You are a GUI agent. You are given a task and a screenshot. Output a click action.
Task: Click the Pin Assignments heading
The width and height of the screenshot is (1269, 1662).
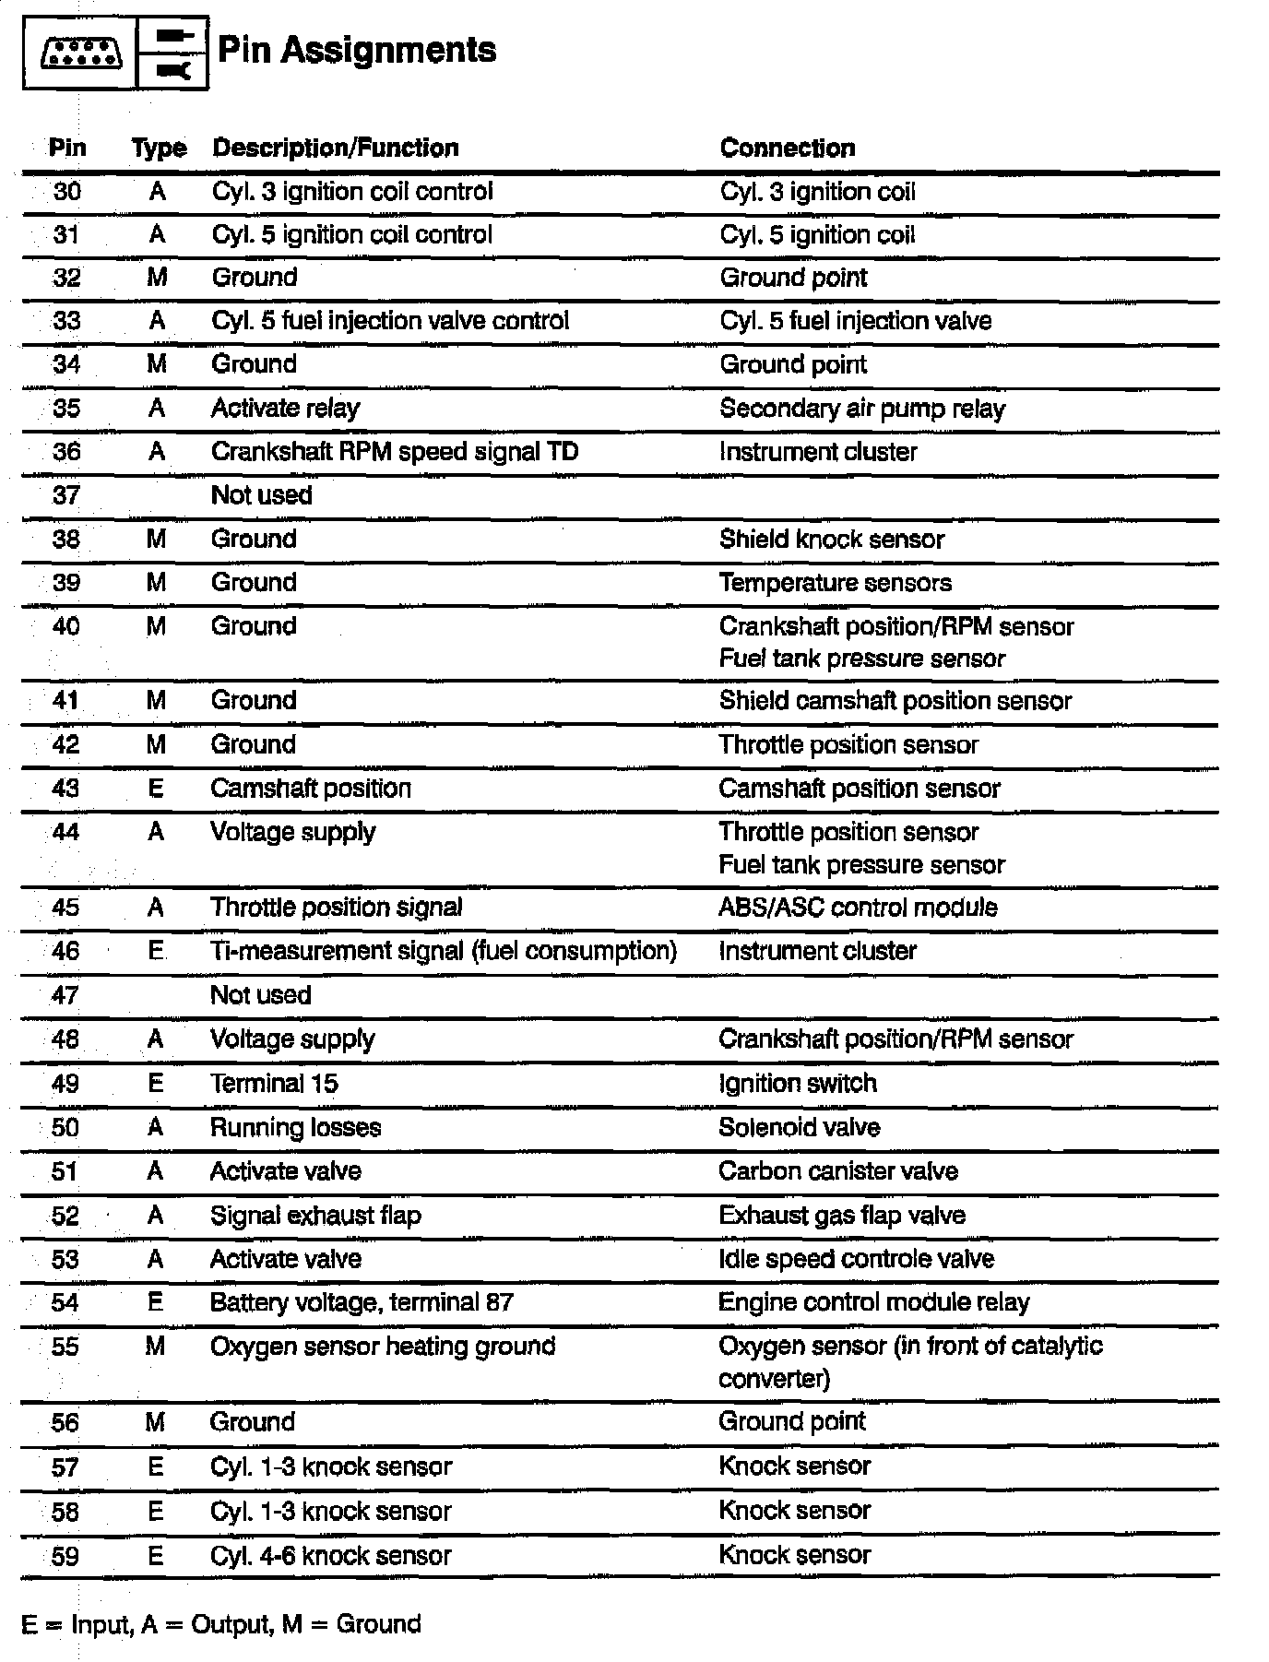pyautogui.click(x=356, y=51)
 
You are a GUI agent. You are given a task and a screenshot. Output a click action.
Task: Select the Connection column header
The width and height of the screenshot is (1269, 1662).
pyautogui.click(x=787, y=148)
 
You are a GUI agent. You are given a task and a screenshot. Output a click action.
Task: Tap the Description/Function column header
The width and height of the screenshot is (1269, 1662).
pyautogui.click(x=335, y=148)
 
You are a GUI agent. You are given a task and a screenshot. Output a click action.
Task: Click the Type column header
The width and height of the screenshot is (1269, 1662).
pyautogui.click(x=159, y=148)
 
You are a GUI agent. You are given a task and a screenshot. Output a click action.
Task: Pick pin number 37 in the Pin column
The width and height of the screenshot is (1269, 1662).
pyautogui.click(x=66, y=495)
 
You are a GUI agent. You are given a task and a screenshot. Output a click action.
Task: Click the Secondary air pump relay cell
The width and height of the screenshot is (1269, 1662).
pyautogui.click(x=861, y=409)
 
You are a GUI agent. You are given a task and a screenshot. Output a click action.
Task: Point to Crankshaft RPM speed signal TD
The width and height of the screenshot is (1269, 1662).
pyautogui.click(x=394, y=452)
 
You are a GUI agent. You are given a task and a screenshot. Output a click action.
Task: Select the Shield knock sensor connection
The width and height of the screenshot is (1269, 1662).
pyautogui.click(x=831, y=540)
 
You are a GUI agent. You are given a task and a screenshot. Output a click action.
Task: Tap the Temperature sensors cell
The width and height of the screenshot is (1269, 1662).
pyautogui.click(x=835, y=583)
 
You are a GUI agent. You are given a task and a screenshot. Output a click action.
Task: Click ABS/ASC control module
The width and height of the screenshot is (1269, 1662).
pyautogui.click(x=858, y=908)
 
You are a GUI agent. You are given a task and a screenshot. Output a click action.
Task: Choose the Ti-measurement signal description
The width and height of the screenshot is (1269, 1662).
pyautogui.click(x=443, y=951)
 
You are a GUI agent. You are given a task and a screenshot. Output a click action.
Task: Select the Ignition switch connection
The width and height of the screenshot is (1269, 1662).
pyautogui.click(x=797, y=1084)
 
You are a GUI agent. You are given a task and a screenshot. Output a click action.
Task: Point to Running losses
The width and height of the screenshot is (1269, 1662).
pyautogui.click(x=295, y=1128)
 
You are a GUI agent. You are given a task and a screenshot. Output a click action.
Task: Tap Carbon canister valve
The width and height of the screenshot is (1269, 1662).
pyautogui.click(x=837, y=1171)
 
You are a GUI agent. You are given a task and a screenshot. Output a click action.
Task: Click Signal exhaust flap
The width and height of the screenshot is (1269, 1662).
pyautogui.click(x=315, y=1216)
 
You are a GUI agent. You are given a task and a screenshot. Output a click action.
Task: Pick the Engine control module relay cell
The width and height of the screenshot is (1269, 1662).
pyautogui.click(x=873, y=1302)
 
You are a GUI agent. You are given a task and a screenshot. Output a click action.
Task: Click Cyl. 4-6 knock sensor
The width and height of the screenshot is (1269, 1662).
pyautogui.click(x=330, y=1556)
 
